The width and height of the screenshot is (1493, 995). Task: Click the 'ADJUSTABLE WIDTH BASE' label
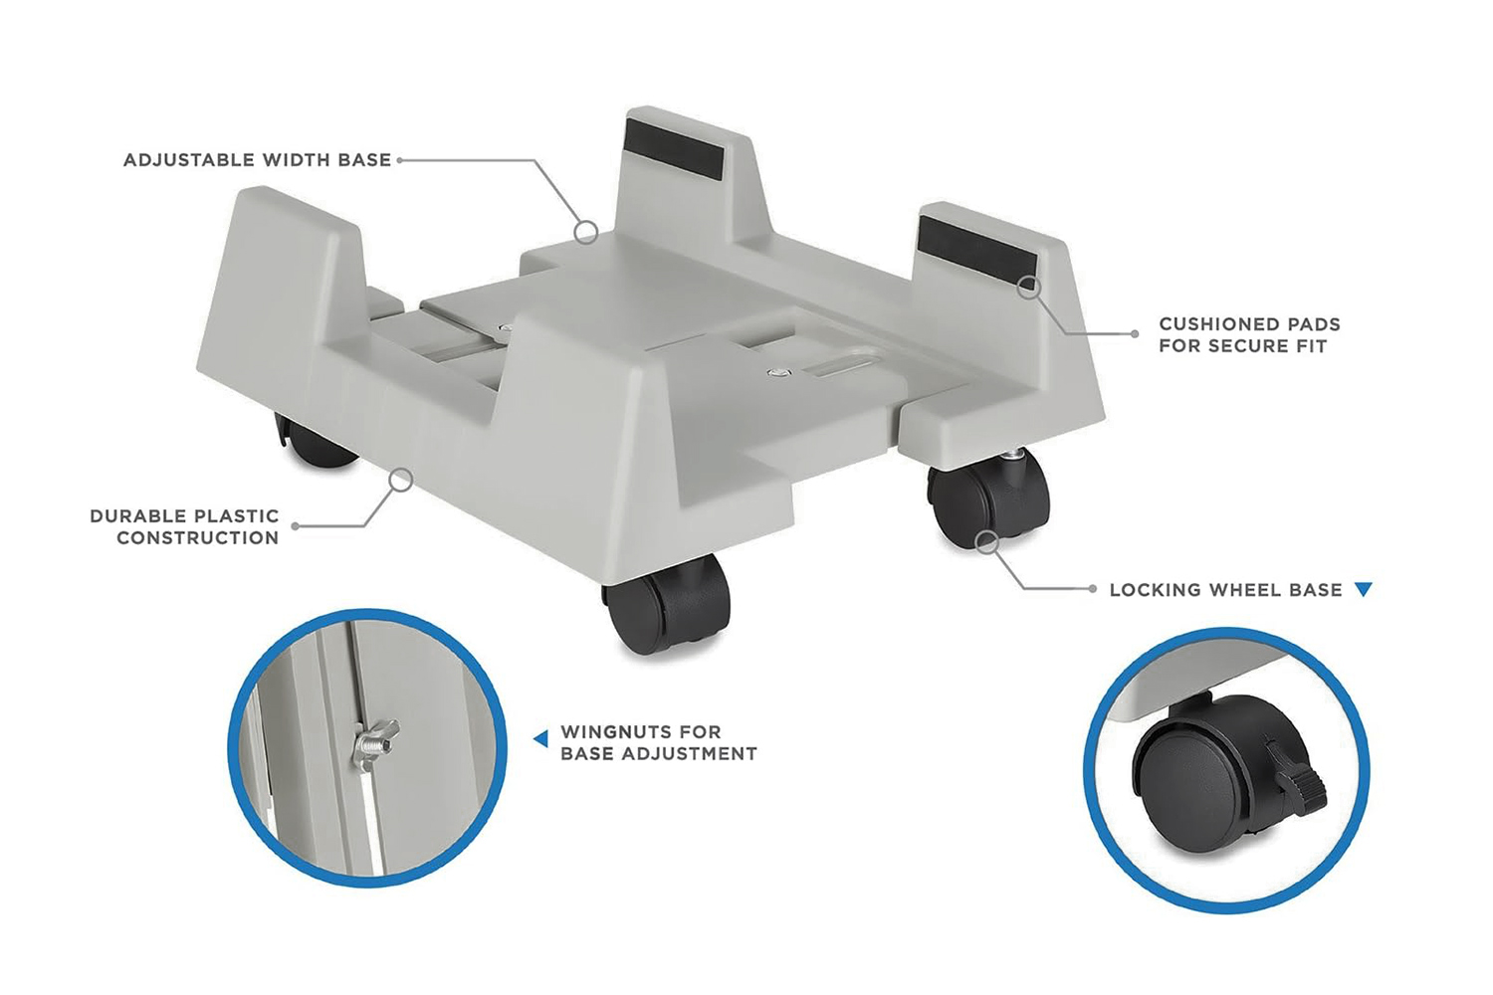pos(257,160)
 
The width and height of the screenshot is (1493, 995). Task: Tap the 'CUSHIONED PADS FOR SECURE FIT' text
pos(1248,335)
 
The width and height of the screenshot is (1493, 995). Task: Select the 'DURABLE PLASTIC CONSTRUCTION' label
pos(185,527)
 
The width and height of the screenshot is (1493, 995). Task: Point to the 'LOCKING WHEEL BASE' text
pos(1225,590)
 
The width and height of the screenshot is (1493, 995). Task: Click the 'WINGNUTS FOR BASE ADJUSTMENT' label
pos(658,743)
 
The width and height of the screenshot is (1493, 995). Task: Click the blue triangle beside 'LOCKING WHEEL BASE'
pos(1364,590)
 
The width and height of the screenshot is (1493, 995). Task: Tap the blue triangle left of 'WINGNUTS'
pos(540,738)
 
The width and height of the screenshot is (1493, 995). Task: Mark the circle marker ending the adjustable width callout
pos(587,232)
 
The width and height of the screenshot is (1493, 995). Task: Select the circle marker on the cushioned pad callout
pos(1028,288)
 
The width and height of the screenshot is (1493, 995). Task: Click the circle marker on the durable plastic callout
pos(400,481)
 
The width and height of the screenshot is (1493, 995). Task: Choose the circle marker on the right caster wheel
pos(986,542)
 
